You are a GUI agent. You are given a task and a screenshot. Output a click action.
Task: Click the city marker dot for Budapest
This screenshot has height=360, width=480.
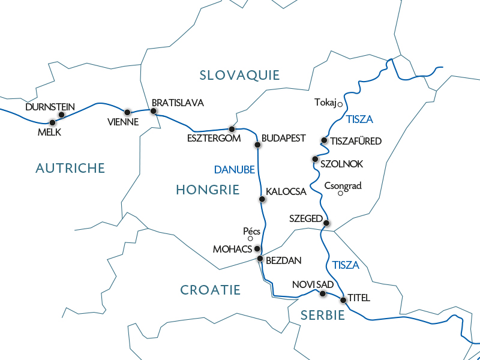(x=257, y=145)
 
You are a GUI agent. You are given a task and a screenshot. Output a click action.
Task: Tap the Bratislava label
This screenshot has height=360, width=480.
(x=178, y=103)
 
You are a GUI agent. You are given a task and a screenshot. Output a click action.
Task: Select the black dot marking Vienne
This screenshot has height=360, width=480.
(x=127, y=112)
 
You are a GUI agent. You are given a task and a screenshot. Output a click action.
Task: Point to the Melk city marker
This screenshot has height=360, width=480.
(x=52, y=122)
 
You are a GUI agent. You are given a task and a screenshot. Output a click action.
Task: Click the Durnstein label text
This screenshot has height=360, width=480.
(x=50, y=107)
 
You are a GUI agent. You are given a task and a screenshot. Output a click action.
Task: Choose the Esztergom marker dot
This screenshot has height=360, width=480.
(x=232, y=129)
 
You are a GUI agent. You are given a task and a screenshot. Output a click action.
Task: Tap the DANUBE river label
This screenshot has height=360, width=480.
(x=234, y=170)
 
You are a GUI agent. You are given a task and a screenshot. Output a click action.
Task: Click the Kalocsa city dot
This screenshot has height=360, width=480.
(x=262, y=199)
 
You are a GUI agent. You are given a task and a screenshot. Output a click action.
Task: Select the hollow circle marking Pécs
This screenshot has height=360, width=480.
(x=251, y=239)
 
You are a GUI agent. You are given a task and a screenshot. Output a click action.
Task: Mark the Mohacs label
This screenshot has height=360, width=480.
(x=232, y=248)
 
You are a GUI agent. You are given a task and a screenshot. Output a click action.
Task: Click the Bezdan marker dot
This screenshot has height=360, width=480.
(x=260, y=259)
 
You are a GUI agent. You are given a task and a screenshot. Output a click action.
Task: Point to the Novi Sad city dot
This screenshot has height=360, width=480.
(x=323, y=293)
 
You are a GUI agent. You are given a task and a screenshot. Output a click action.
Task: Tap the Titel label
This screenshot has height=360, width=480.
(x=359, y=298)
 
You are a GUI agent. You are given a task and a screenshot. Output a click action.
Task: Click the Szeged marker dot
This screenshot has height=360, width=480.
(x=326, y=223)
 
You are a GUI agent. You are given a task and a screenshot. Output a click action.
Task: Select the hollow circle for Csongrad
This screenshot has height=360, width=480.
(x=340, y=193)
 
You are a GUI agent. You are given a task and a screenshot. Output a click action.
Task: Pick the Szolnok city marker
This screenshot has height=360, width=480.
(x=315, y=159)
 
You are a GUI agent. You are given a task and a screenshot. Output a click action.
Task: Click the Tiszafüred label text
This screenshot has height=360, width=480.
(x=356, y=140)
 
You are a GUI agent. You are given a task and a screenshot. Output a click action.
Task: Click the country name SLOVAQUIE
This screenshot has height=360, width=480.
(x=240, y=75)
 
